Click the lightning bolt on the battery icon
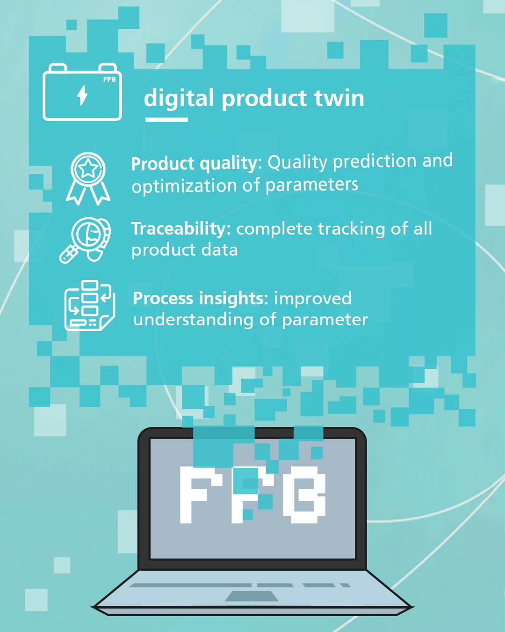tap(82, 95)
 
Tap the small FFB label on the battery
tap(109, 79)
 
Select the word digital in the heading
tap(179, 99)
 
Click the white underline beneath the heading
tap(166, 119)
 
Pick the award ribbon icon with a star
tap(88, 178)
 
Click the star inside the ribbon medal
tap(88, 169)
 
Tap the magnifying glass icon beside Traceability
tap(86, 240)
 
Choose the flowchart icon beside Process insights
tap(90, 305)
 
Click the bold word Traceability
tap(181, 229)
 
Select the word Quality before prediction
tap(297, 162)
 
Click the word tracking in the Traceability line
tap(351, 229)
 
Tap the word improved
tap(312, 299)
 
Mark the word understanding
tap(193, 320)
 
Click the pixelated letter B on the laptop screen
tap(304, 494)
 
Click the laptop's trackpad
tap(252, 596)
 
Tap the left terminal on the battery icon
tap(58, 67)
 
